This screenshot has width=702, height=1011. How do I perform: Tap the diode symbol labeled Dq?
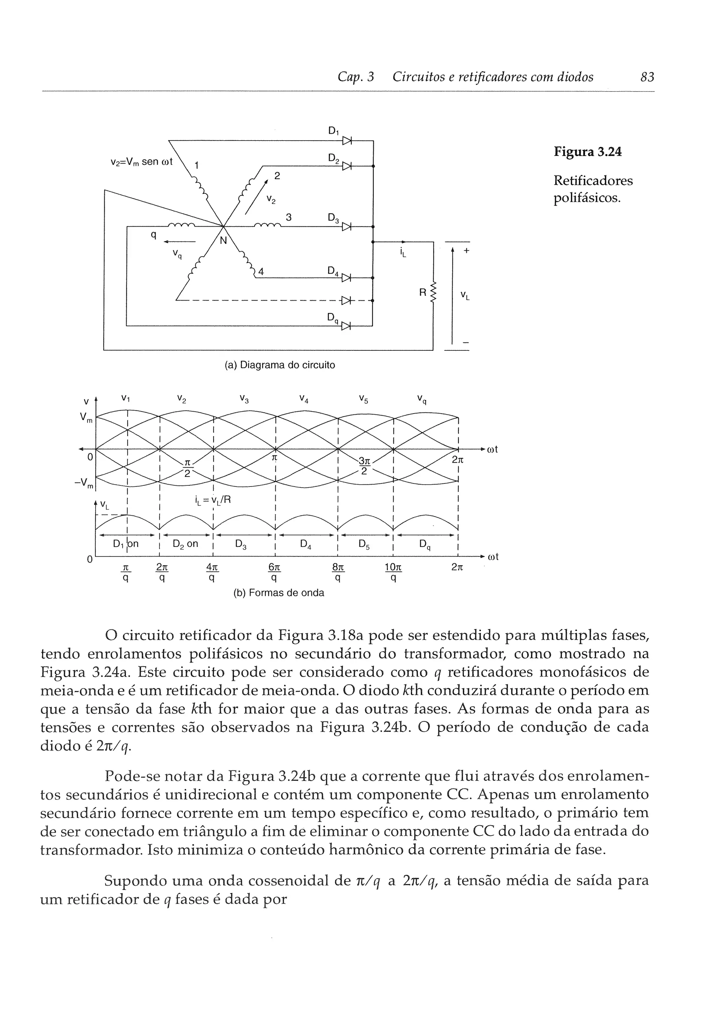[x=347, y=326]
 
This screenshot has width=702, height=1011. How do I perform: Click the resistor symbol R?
[x=433, y=292]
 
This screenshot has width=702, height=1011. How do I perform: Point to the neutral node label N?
[x=223, y=241]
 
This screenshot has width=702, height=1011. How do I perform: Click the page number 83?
[x=647, y=77]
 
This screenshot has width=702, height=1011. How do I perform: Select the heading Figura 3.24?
[x=587, y=152]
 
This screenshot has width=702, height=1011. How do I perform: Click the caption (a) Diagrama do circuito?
[x=280, y=365]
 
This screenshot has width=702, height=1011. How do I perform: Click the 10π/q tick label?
[x=393, y=572]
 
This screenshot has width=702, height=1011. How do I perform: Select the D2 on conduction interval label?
[x=185, y=544]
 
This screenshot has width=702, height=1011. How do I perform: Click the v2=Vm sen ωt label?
[x=141, y=162]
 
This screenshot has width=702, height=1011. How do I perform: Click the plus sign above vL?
[x=466, y=251]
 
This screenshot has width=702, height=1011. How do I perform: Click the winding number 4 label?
[x=261, y=272]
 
